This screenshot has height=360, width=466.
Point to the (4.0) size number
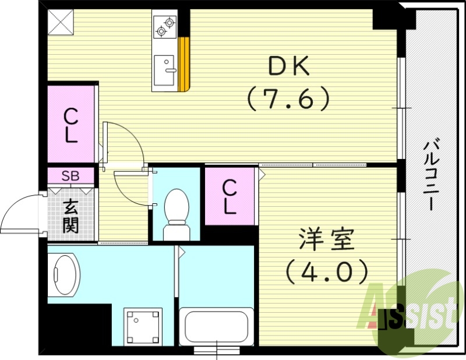tap(326, 270)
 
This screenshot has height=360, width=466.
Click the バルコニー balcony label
tap(430, 175)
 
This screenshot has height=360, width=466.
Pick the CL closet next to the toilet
tap(231, 196)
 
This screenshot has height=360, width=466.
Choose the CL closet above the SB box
tap(70, 125)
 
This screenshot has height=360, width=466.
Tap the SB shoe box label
tap(70, 175)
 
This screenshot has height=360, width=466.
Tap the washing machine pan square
tap(142, 327)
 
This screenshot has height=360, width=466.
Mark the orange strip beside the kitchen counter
tap(185, 64)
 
